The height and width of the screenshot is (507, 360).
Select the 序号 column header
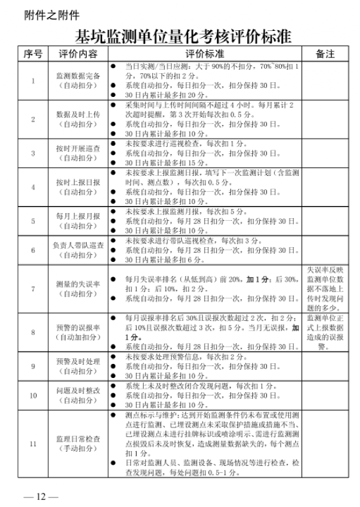[33, 54]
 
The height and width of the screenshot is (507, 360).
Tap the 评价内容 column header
[78, 54]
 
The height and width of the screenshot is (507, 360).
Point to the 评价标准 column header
[205, 54]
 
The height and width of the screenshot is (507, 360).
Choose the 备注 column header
[325, 54]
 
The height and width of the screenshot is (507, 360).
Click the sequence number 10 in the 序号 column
[33, 396]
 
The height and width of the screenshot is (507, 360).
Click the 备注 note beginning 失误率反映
[325, 289]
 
